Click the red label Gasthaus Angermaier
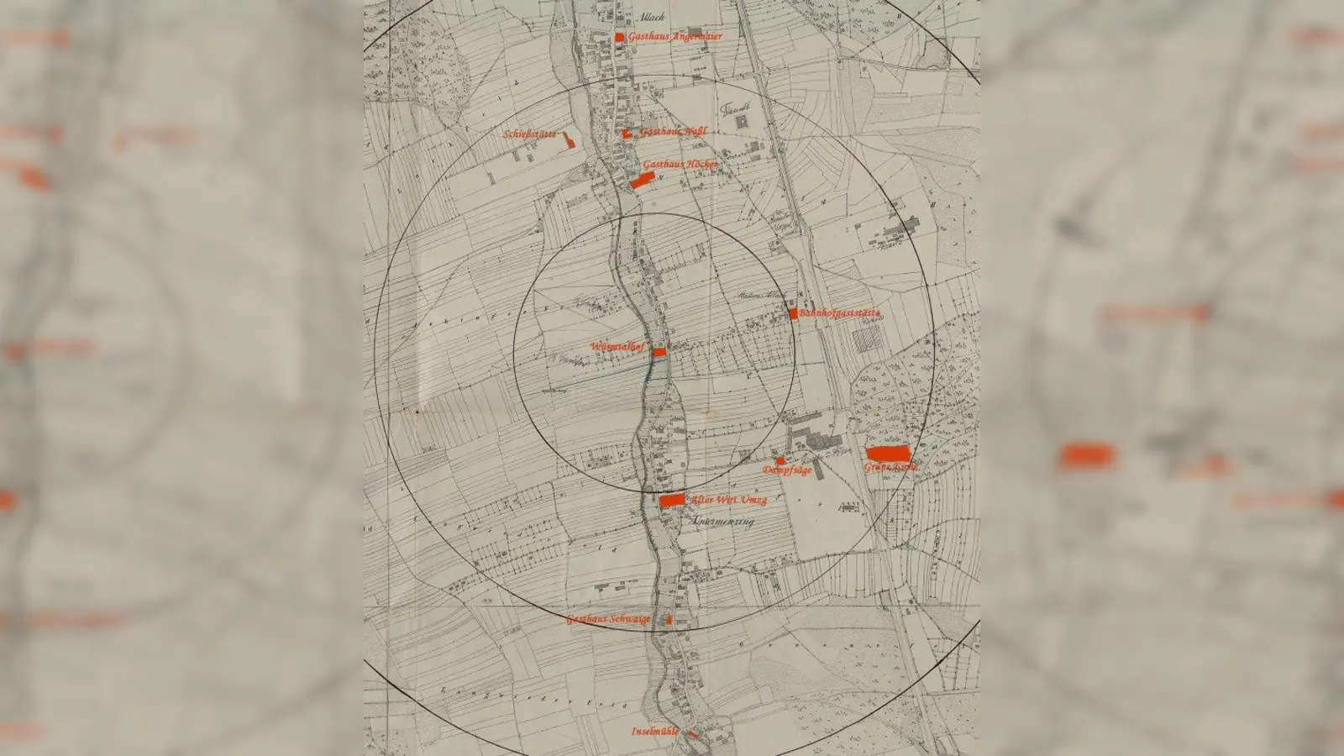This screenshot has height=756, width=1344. pyautogui.click(x=675, y=37)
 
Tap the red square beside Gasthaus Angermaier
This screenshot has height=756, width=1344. pyautogui.click(x=619, y=37)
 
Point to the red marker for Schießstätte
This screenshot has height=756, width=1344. pyautogui.click(x=570, y=139)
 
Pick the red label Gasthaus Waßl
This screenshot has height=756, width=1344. pyautogui.click(x=673, y=132)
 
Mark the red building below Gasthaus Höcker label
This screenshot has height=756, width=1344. pyautogui.click(x=641, y=181)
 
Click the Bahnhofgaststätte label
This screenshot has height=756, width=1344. pyautogui.click(x=839, y=313)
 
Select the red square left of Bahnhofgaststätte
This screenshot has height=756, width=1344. pyautogui.click(x=793, y=313)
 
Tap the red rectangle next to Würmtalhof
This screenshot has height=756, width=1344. pyautogui.click(x=659, y=352)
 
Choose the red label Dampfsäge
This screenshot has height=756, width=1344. pyautogui.click(x=787, y=471)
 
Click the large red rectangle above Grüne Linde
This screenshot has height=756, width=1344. pyautogui.click(x=887, y=454)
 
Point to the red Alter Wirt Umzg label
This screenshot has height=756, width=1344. pyautogui.click(x=728, y=500)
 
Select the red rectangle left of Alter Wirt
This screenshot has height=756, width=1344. pyautogui.click(x=672, y=501)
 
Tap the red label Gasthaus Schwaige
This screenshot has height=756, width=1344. pyautogui.click(x=608, y=619)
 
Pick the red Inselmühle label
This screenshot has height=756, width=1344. pyautogui.click(x=655, y=732)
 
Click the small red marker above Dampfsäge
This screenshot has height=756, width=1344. pyautogui.click(x=780, y=460)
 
